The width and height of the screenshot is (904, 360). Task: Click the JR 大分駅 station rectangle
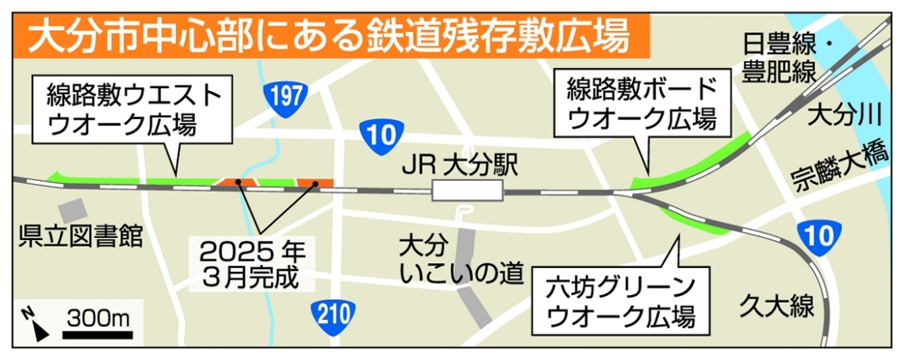tap(467, 190)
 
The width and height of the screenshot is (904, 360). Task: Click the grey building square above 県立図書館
tap(74, 210)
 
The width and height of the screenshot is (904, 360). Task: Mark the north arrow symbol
tap(33, 324)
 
